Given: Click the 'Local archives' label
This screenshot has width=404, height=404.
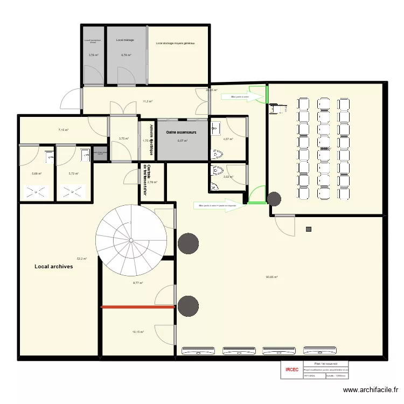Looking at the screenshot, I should (x=53, y=266).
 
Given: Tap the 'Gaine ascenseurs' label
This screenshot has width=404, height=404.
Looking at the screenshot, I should (x=181, y=131).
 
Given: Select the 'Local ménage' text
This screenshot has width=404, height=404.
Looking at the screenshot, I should (x=125, y=40).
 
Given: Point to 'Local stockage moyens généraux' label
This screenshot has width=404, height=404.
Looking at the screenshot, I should (x=175, y=43).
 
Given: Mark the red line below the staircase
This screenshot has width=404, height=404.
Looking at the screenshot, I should (x=138, y=307).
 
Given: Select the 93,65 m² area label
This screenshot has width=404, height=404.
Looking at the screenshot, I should (x=272, y=277).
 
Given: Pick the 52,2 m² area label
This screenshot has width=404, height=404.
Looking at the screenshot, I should (x=81, y=259).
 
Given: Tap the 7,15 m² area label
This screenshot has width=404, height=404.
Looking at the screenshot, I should (x=63, y=130).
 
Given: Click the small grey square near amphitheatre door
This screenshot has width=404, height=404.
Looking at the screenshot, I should (x=308, y=229).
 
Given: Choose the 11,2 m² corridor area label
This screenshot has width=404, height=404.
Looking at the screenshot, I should (x=147, y=101).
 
